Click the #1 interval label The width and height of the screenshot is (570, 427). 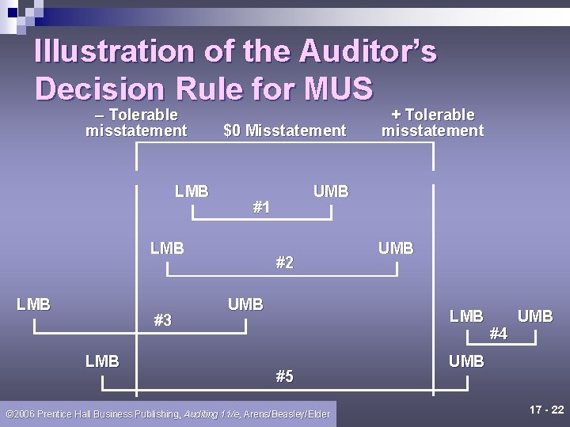(261, 207)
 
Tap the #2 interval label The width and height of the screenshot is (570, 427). (284, 263)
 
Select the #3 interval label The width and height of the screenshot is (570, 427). (162, 320)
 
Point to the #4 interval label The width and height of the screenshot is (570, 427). (498, 334)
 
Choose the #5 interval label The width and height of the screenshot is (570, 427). (284, 376)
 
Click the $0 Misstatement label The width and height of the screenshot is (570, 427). (285, 130)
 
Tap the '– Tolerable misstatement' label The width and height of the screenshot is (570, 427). (136, 123)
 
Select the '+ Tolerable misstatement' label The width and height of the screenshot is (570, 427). (432, 123)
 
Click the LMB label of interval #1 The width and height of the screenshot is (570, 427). (192, 191)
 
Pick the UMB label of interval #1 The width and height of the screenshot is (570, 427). (331, 191)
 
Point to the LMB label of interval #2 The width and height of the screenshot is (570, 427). (167, 248)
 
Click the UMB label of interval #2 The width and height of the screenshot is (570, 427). (396, 248)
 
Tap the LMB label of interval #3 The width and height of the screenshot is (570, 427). (33, 304)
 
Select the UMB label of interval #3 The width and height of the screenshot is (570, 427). (245, 304)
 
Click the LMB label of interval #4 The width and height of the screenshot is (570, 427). (466, 316)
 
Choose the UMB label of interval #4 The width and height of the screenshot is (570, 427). (535, 316)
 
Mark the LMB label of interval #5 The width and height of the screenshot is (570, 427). (102, 361)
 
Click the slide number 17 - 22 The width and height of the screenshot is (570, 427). (546, 410)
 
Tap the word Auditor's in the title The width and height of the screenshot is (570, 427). (368, 51)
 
